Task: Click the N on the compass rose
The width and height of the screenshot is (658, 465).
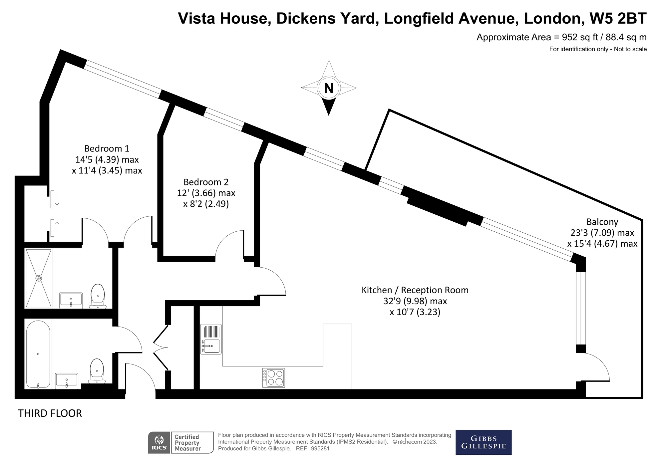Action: point(329,88)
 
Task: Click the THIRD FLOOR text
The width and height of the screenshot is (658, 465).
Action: point(50,413)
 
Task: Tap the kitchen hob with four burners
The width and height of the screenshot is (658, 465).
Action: point(273,377)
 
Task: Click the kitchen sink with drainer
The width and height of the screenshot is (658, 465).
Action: point(211,339)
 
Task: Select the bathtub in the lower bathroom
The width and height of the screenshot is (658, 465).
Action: point(38,354)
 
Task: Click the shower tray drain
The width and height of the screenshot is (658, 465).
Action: point(39,278)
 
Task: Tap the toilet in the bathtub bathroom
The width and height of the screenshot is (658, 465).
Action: point(97,370)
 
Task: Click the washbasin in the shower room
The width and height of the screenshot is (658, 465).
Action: point(71,301)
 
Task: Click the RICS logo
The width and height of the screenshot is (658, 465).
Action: point(159,443)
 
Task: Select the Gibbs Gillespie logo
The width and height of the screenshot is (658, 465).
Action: point(483,442)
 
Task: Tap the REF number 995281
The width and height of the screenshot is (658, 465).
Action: point(320,448)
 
